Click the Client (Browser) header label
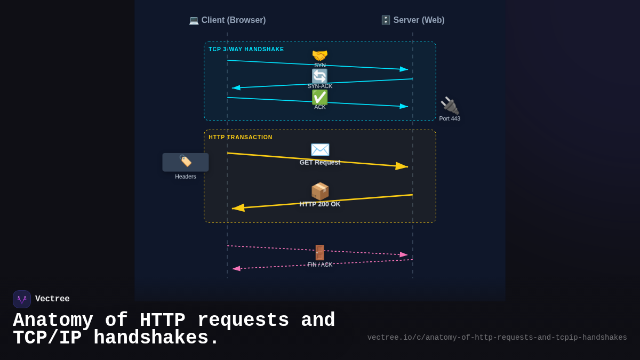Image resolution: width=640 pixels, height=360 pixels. click(228, 20)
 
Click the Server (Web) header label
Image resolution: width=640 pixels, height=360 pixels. click(413, 20)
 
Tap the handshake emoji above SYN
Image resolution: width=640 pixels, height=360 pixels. click(319, 55)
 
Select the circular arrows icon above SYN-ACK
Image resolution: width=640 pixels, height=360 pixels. click(319, 76)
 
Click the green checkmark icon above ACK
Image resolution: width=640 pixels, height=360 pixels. click(319, 97)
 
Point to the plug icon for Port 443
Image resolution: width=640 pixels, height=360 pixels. click(450, 106)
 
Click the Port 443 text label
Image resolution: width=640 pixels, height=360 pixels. click(450, 118)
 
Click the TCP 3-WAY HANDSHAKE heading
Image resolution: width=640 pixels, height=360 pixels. click(246, 49)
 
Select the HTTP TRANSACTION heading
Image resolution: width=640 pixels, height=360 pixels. click(240, 137)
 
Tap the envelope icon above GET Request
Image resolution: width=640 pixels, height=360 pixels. click(319, 149)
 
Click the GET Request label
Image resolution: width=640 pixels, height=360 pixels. click(319, 162)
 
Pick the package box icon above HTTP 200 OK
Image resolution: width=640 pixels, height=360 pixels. click(319, 191)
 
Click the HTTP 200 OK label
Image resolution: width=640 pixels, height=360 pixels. click(319, 204)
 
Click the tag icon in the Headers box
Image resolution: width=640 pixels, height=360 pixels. click(185, 161)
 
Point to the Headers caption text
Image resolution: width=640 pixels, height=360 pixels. click(185, 177)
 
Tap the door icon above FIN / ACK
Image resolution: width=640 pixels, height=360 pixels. click(319, 252)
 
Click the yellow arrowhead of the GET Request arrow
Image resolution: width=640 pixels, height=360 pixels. click(402, 166)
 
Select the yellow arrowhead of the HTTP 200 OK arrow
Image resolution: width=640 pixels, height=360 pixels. click(238, 207)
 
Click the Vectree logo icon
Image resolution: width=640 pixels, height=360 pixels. click(22, 299)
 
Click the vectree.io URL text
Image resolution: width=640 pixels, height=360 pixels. click(497, 338)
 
